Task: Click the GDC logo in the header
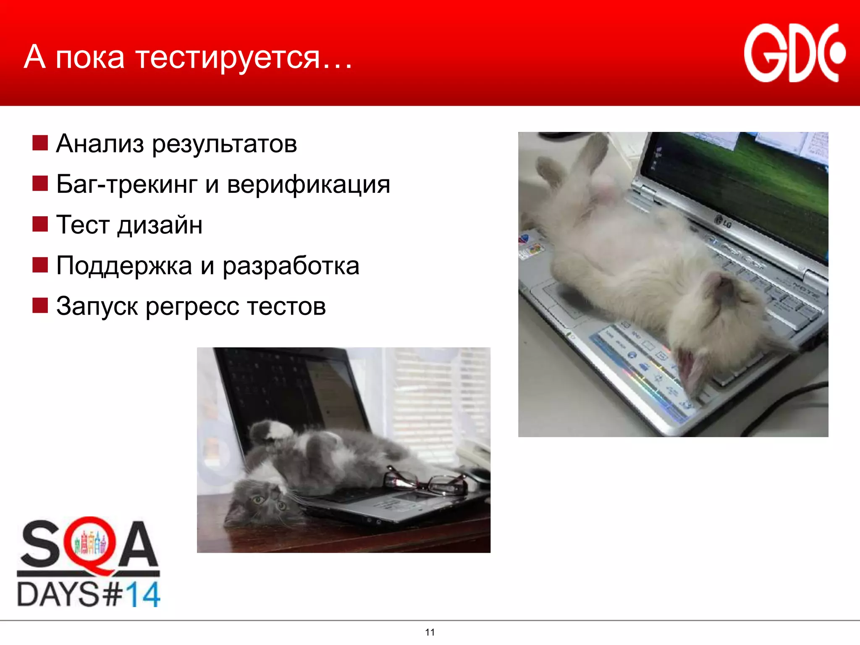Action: (x=794, y=53)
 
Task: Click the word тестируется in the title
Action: (x=228, y=58)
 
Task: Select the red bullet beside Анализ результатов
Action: (x=40, y=143)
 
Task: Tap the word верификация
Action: (x=309, y=185)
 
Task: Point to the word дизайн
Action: (x=160, y=225)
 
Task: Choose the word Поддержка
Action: (x=124, y=266)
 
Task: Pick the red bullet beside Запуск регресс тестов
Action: (x=40, y=305)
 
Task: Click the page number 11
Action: (x=430, y=632)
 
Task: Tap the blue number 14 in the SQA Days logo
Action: (x=143, y=594)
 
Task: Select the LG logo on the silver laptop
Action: (x=723, y=221)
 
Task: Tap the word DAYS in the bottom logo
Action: (x=58, y=594)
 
